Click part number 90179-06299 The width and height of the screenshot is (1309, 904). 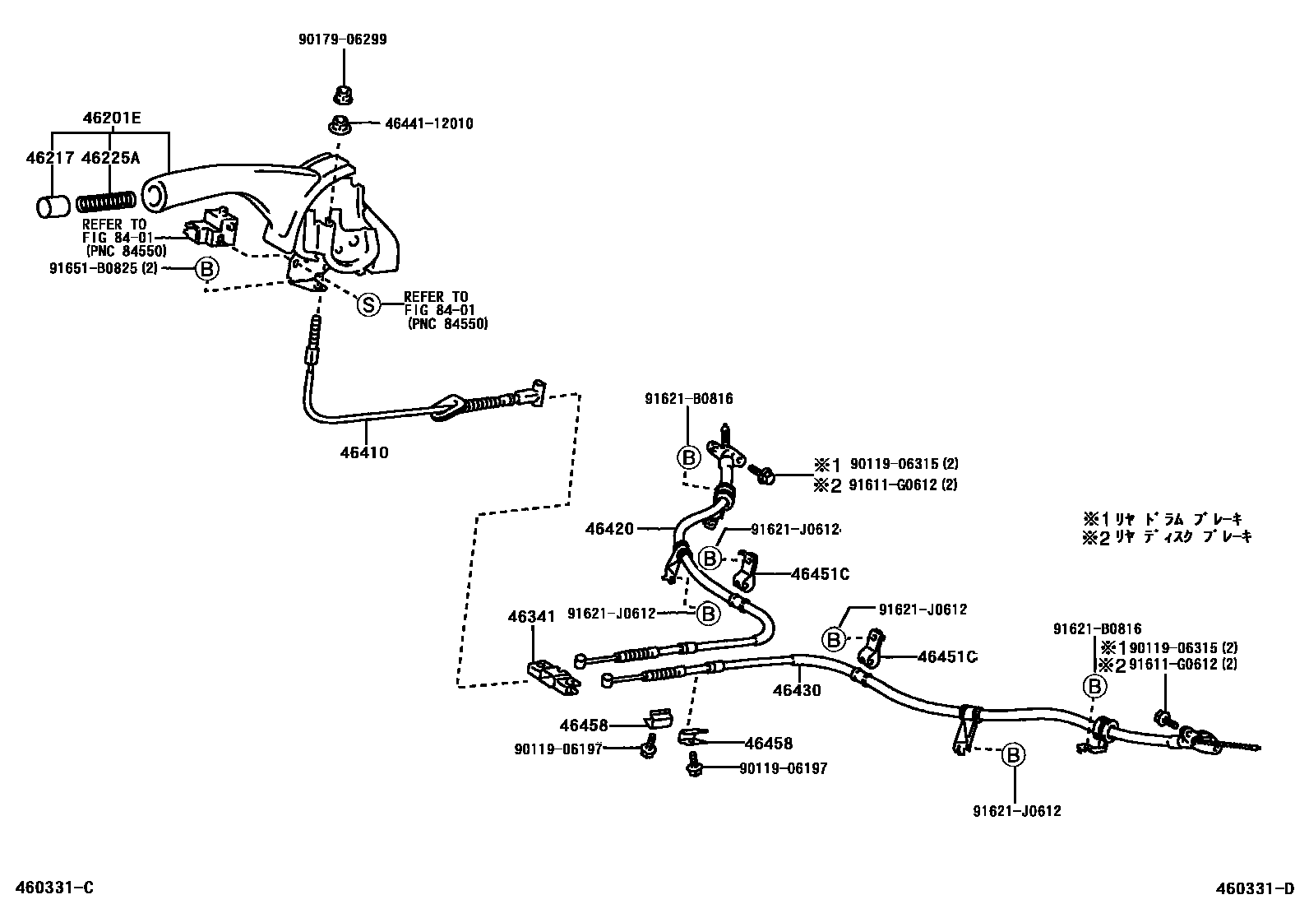click(x=343, y=39)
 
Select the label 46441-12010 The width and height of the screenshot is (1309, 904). click(x=429, y=124)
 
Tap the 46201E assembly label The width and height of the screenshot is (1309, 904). click(x=111, y=118)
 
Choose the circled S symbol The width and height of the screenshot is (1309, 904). click(x=368, y=305)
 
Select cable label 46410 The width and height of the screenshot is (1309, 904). click(x=364, y=452)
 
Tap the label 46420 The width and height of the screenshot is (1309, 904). click(x=609, y=528)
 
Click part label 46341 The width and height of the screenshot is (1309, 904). click(x=531, y=615)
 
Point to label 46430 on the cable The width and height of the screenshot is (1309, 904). click(x=796, y=690)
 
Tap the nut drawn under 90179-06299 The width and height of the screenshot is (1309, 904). click(x=341, y=95)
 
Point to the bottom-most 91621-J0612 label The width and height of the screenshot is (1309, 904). click(x=1016, y=811)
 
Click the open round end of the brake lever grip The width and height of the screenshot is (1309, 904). click(x=154, y=194)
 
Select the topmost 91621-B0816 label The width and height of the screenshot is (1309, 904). click(x=688, y=399)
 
